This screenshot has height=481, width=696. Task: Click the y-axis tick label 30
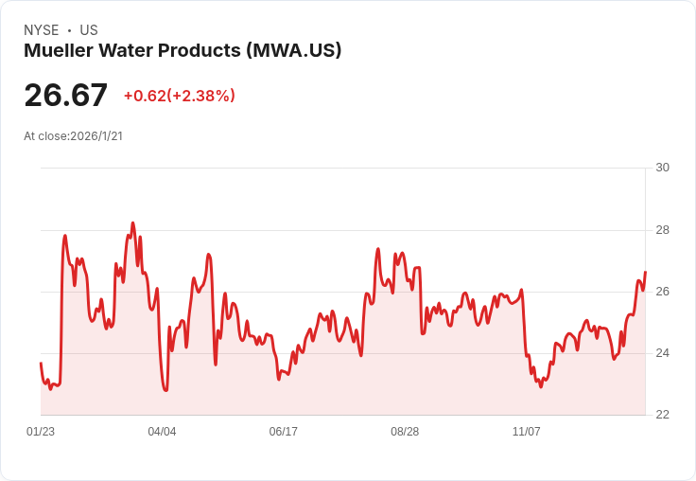tap(662, 168)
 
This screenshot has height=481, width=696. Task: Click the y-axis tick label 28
tap(662, 230)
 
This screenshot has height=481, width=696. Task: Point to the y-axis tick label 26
tap(662, 292)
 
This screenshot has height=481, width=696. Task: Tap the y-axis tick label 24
tap(662, 353)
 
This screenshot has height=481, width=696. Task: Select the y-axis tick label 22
tap(662, 415)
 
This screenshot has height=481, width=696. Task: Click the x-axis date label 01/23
tap(41, 432)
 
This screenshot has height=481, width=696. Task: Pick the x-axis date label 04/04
tap(162, 432)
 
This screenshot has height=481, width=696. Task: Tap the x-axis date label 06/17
tap(283, 432)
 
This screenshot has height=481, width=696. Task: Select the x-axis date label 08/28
tap(405, 432)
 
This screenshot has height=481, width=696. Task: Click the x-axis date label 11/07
tap(526, 432)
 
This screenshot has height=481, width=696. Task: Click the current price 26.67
tap(65, 96)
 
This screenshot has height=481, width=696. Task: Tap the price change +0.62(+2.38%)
tap(179, 96)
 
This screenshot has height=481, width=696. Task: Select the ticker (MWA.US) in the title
tap(293, 50)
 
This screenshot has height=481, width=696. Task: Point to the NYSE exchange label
tap(42, 30)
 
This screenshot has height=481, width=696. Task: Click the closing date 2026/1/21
tap(96, 135)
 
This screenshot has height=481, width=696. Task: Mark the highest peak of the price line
tap(132, 223)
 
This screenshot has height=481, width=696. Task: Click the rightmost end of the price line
tap(645, 273)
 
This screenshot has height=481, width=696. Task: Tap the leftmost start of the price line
tap(41, 364)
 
